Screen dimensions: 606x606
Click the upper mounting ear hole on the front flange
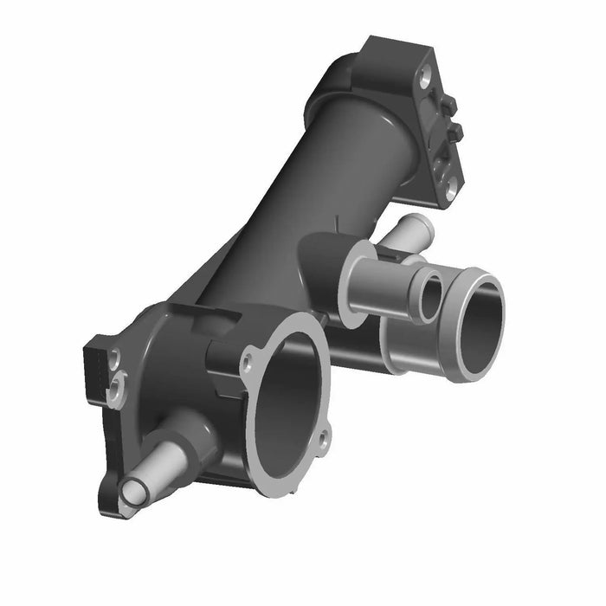click(251, 356)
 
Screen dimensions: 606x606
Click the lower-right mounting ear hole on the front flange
click(324, 438)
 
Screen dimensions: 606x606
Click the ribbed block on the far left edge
click(93, 368)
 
